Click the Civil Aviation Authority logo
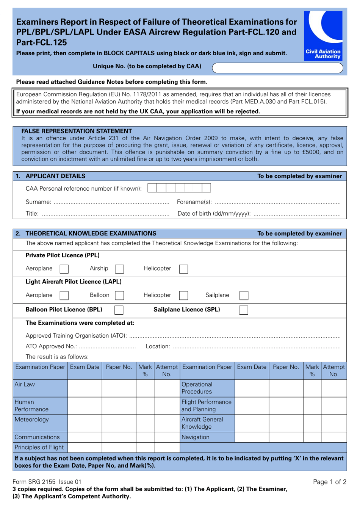pyautogui.click(x=323, y=35)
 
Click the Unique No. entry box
pyautogui.click(x=277, y=68)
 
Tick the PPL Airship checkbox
pyautogui.click(x=119, y=269)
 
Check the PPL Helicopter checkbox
pyautogui.click(x=183, y=269)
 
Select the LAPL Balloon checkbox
pyautogui.click(x=119, y=296)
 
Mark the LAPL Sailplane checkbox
pyautogui.click(x=244, y=296)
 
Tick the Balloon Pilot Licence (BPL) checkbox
pyautogui.click(x=119, y=310)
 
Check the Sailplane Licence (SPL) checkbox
pyautogui.click(x=244, y=310)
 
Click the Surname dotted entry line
pyautogui.click(x=111, y=203)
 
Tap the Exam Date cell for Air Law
pyautogui.click(x=85, y=388)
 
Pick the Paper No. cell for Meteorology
pyautogui.click(x=119, y=423)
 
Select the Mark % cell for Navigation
pyautogui.click(x=312, y=437)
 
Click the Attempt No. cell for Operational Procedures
pyautogui.click(x=333, y=388)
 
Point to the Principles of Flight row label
pyautogui.click(x=39, y=448)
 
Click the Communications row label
pyautogui.click(x=37, y=437)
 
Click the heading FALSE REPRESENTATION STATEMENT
pyautogui.click(x=77, y=131)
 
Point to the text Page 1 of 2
pyautogui.click(x=329, y=482)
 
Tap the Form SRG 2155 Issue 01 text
pyautogui.click(x=47, y=482)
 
